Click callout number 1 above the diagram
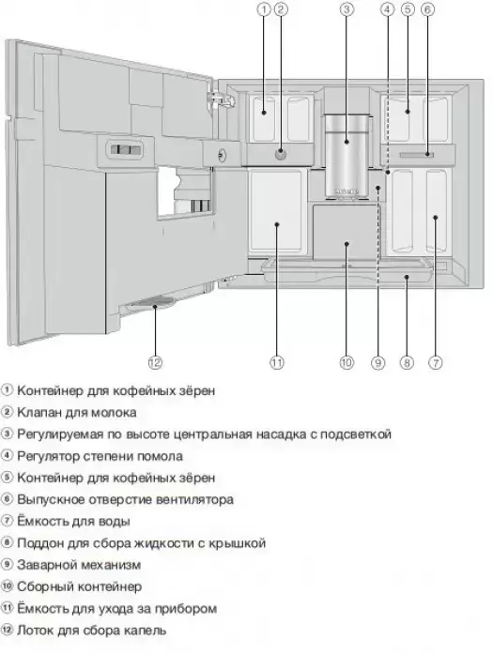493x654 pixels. pos(264,9)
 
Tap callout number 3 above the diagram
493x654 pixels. pos(347,9)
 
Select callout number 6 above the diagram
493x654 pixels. pos(427,9)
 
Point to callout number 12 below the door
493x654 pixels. pos(155,362)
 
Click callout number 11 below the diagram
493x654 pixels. pos(277,362)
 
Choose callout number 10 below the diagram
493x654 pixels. pos(347,362)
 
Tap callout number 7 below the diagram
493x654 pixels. pos(436,362)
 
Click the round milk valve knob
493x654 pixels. pos(281,154)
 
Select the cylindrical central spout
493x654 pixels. pos(347,156)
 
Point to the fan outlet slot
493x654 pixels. pos(416,155)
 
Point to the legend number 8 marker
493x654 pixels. pos(8,543)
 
